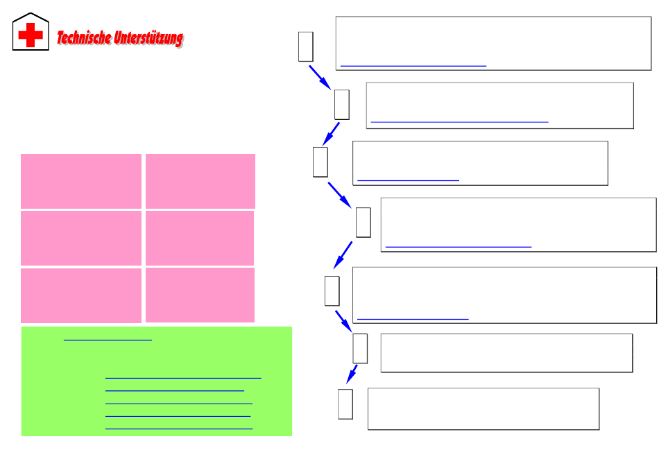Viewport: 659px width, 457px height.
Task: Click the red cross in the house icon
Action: point(31,35)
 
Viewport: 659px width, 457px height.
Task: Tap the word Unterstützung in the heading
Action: point(148,37)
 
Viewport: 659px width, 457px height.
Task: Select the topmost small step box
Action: point(305,46)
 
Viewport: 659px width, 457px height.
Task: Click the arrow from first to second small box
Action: point(320,76)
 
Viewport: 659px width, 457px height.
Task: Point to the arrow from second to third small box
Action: point(329,133)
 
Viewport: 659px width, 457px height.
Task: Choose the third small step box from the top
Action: point(320,162)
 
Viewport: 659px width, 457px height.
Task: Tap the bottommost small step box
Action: point(345,404)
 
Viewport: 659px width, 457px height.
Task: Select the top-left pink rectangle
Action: point(81,181)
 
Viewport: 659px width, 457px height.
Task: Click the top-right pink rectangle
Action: point(200,181)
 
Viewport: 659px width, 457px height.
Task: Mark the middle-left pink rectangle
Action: point(81,238)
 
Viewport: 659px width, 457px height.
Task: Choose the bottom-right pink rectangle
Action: point(200,295)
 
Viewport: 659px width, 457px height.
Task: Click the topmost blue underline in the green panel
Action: point(108,340)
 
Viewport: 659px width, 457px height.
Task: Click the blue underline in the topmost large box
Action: point(413,65)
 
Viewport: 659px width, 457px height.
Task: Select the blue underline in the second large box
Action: point(459,121)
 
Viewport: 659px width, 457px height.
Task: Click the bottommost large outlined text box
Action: point(483,409)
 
